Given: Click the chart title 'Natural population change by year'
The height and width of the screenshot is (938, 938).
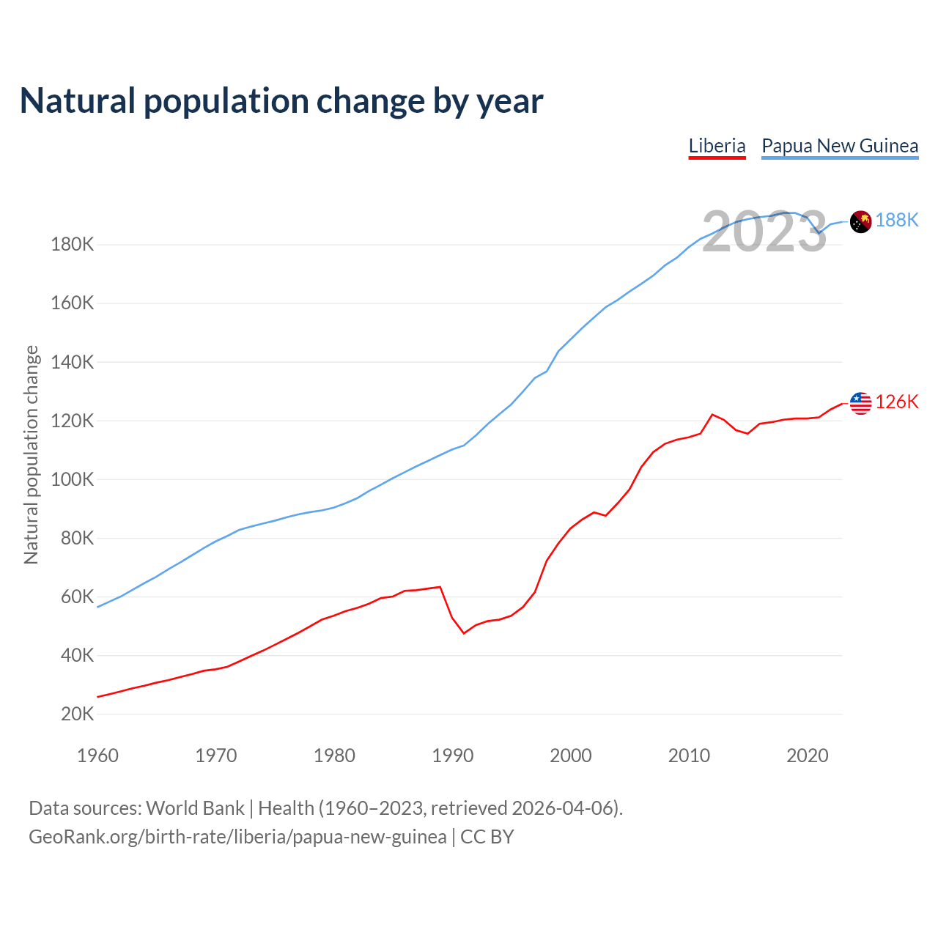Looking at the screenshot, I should [x=281, y=101].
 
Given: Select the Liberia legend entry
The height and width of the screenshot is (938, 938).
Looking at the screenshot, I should [x=717, y=146].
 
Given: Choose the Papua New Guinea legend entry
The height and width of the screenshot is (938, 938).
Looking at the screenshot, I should [x=840, y=146].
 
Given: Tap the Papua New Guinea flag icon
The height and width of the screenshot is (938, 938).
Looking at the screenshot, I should [x=860, y=221].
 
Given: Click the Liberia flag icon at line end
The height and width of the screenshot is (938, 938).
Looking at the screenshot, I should [x=860, y=403].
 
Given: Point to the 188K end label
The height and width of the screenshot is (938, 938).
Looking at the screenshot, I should [x=897, y=220].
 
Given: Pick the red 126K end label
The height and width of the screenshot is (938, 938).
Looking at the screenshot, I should [x=897, y=402].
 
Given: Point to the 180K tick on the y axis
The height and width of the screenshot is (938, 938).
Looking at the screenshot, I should [x=73, y=245].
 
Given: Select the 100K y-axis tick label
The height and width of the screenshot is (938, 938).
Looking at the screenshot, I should [x=73, y=479].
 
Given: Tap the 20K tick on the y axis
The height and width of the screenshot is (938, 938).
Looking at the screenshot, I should [x=77, y=714].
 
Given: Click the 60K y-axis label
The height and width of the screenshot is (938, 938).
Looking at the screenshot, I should [x=77, y=597].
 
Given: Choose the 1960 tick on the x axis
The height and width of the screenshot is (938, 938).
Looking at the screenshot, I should [x=97, y=756].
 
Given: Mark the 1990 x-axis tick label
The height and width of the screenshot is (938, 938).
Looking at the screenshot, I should [x=453, y=756].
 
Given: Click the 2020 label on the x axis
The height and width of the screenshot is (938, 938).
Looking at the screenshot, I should [x=807, y=756].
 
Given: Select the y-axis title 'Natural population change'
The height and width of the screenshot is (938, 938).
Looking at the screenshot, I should [x=32, y=454].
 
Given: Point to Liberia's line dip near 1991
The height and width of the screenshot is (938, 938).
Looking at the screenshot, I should [x=464, y=632].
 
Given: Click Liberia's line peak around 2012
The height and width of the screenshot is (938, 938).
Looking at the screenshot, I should [x=712, y=415].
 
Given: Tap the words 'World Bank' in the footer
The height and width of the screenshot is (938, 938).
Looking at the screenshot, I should [x=195, y=808].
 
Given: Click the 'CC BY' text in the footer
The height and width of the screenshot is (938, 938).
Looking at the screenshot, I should [x=487, y=837].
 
